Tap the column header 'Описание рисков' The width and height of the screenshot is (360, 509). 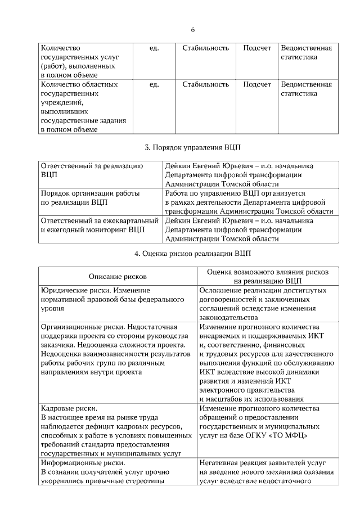pos(118,276)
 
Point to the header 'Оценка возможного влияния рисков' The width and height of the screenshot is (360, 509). pos(267,271)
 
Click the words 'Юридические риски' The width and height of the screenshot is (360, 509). pos(74,290)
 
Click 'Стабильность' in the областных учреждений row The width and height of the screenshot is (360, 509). pos(205,84)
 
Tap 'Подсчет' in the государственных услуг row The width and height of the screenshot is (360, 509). pos(256,48)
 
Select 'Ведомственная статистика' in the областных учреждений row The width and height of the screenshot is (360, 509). pos(306,89)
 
